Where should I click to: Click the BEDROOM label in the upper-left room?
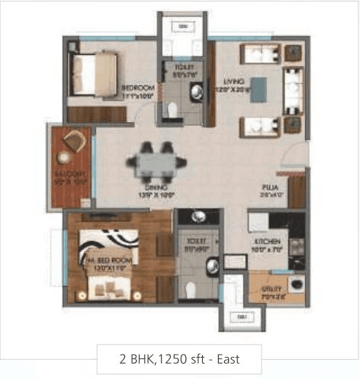click(x=138, y=88)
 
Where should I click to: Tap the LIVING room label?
click(x=229, y=79)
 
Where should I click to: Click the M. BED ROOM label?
click(x=105, y=260)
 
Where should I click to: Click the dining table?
click(x=156, y=162)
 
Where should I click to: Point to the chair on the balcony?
click(x=74, y=141)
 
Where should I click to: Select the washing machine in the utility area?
click(x=296, y=289)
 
